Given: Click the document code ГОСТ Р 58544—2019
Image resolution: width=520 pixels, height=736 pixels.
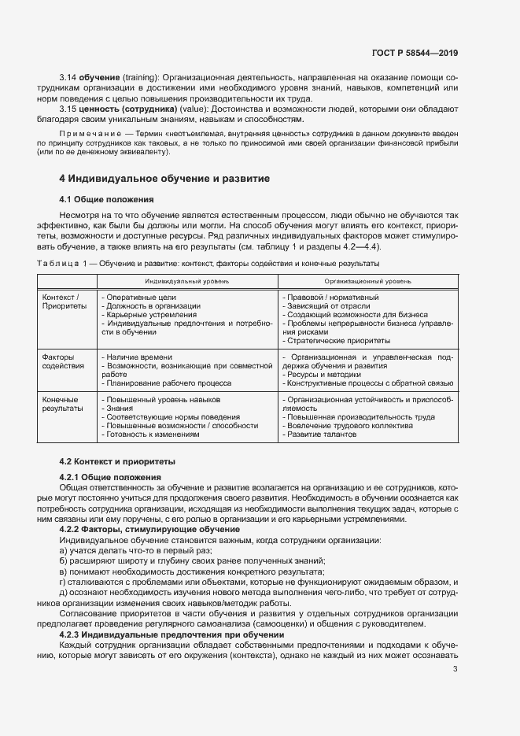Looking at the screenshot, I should [x=414, y=53].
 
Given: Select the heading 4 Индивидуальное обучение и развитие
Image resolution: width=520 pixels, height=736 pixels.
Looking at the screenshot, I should [x=165, y=179].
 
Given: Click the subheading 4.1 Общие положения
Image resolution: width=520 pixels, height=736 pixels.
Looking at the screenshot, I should [x=107, y=199].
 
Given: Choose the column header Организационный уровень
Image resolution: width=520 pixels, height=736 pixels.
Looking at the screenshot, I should [x=367, y=281].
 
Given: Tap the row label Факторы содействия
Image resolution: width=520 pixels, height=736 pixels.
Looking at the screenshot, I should [x=63, y=361].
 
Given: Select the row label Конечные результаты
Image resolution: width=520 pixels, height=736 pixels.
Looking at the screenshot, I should [x=63, y=404].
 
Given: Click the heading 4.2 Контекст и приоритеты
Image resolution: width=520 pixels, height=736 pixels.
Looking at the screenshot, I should [x=118, y=461].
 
